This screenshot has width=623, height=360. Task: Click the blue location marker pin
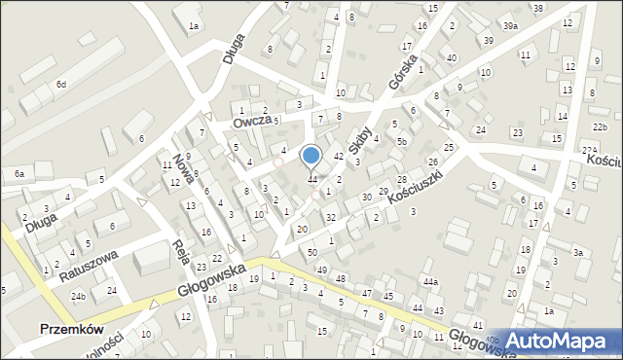pyautogui.click(x=311, y=156)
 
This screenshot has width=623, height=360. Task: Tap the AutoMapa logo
pyautogui.click(x=560, y=341)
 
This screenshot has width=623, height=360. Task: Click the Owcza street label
pyautogui.click(x=250, y=122)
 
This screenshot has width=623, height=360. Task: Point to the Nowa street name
pyautogui.click(x=181, y=162)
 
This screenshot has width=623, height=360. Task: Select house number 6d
pyautogui.click(x=60, y=85)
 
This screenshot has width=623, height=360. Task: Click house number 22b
pyautogui.click(x=599, y=127)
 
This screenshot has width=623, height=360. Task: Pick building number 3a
pyautogui.click(x=577, y=253)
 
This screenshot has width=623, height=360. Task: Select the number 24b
pyautogui.click(x=78, y=296)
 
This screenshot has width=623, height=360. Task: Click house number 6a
pyautogui.click(x=18, y=173)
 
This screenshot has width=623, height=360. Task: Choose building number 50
pyautogui.click(x=311, y=253)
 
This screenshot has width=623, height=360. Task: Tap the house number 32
pyautogui.click(x=331, y=217)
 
